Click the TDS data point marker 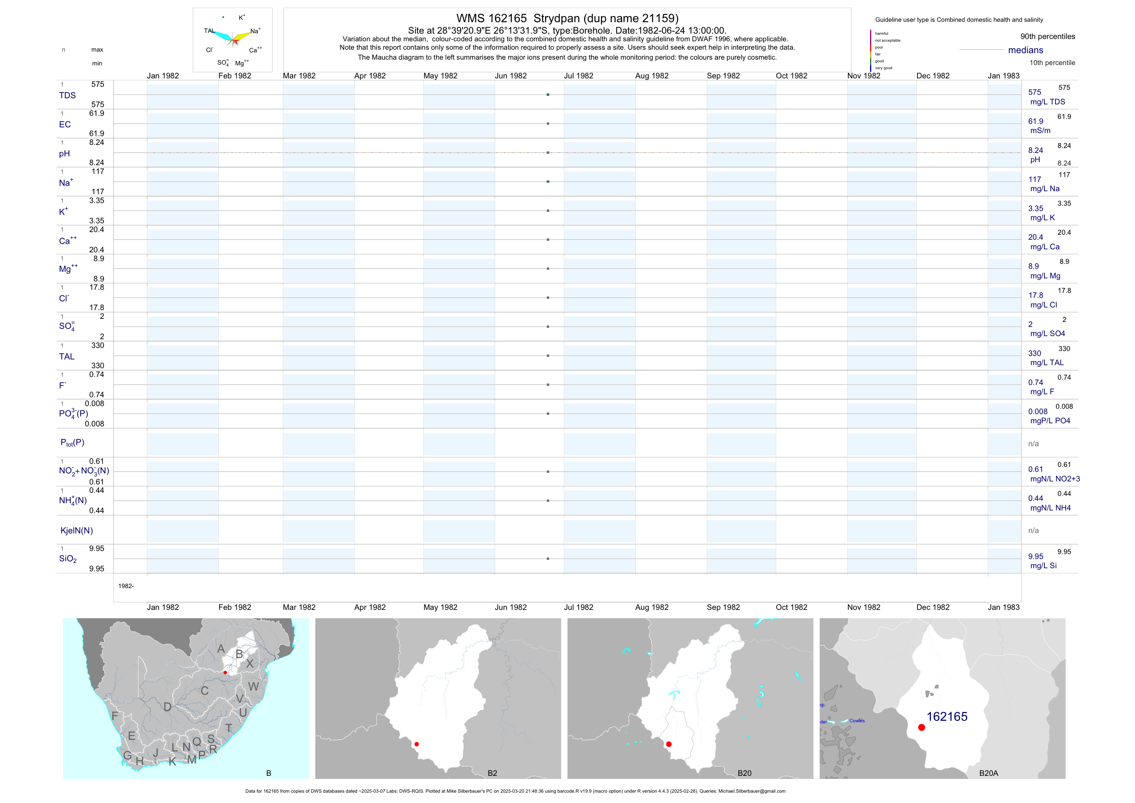click(x=548, y=94)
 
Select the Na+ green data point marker click(x=548, y=182)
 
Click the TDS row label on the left click(x=67, y=96)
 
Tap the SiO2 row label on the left click(x=68, y=559)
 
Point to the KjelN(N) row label click(x=76, y=531)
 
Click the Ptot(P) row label click(x=72, y=442)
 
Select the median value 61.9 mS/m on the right click(x=1036, y=121)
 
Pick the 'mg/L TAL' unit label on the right click(x=1047, y=362)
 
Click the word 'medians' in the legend click(x=1026, y=50)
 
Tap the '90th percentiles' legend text click(x=1047, y=37)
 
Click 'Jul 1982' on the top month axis click(x=578, y=76)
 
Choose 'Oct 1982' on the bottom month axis click(x=791, y=607)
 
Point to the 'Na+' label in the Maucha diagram click(x=255, y=31)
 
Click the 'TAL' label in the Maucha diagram click(x=209, y=31)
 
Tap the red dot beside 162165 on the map click(x=921, y=727)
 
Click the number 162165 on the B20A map click(x=947, y=717)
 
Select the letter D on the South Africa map click(x=167, y=707)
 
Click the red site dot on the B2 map click(x=417, y=744)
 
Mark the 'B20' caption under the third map click(x=744, y=773)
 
